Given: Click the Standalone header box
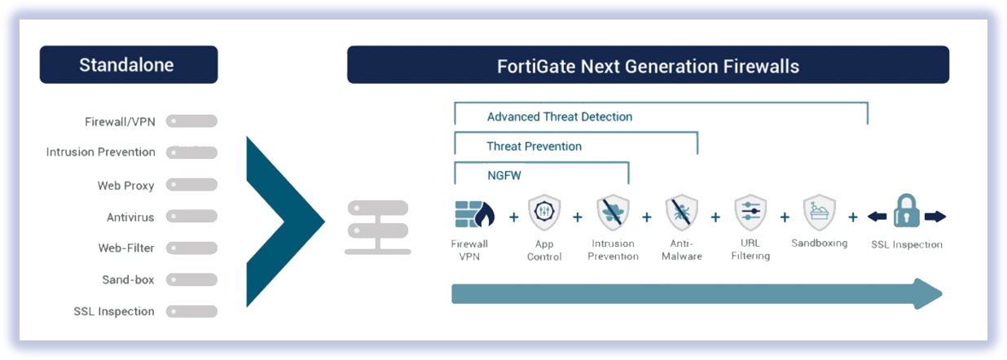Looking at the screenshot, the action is click(x=129, y=64).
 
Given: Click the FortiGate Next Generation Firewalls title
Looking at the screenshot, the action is click(x=648, y=67).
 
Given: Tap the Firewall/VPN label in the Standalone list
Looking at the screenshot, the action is click(x=120, y=122).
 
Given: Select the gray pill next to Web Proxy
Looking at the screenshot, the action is click(x=191, y=185).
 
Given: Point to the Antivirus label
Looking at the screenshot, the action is click(x=130, y=217).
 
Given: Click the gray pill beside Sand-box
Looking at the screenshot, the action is click(x=191, y=279).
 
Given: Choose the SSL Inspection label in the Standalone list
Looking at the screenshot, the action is click(x=114, y=311).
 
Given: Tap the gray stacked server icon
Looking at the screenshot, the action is click(x=378, y=227).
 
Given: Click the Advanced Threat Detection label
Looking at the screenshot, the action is click(x=560, y=116).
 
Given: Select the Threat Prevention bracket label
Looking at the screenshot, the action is click(x=534, y=147).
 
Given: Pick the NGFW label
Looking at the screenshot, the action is click(x=504, y=175).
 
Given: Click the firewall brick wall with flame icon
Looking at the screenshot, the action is click(x=475, y=214).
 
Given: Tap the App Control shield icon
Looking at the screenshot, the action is click(x=544, y=212).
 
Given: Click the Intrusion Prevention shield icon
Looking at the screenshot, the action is click(x=613, y=212).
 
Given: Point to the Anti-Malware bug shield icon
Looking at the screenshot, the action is click(x=682, y=212).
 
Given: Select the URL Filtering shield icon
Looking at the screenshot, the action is click(x=750, y=212).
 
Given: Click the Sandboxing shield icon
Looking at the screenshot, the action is click(x=819, y=212).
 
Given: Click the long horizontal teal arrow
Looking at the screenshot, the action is click(x=697, y=294).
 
